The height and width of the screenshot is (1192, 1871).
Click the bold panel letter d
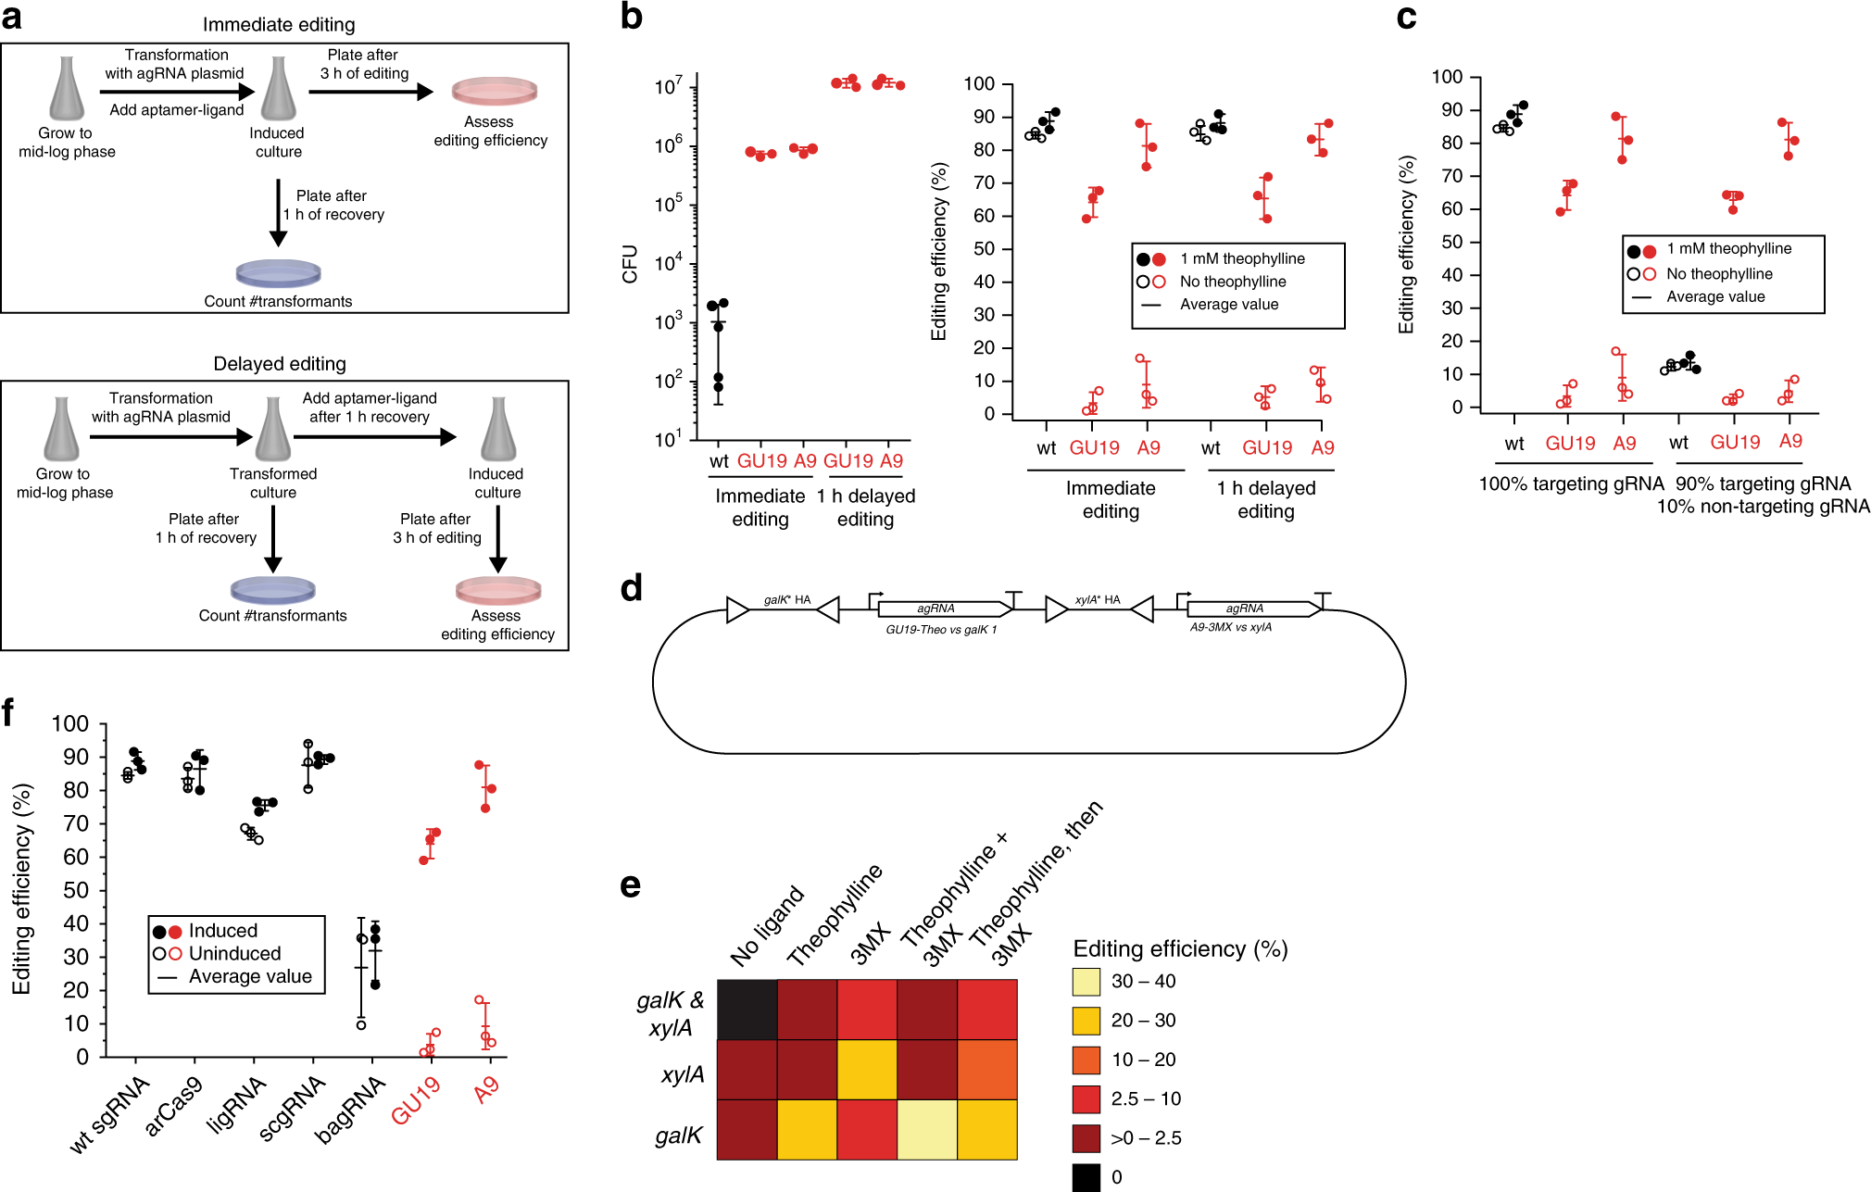pos(631,589)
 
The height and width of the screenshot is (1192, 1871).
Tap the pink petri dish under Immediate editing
pos(495,92)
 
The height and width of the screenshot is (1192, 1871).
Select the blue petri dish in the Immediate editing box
pos(278,273)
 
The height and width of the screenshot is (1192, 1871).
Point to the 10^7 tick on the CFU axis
pos(669,86)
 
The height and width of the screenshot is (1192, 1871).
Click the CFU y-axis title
pos(630,264)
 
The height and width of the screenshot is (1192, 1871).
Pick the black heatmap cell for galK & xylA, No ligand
pos(747,1010)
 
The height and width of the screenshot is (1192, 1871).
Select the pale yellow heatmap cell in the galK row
pos(927,1130)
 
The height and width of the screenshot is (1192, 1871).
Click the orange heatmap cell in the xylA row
pos(987,1070)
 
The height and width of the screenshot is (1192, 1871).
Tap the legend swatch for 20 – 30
pos(1086,1021)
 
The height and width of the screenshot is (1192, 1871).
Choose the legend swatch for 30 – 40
pos(1086,982)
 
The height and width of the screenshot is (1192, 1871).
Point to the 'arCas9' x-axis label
pos(173,1106)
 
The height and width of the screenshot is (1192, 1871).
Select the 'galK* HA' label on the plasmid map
pos(787,600)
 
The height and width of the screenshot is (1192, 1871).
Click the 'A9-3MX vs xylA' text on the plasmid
pos(1231,628)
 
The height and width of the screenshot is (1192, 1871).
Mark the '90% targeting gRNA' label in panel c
pos(1763,483)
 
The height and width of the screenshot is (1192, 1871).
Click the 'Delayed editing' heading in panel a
pos(280,364)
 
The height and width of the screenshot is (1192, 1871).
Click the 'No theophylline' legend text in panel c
pos(1719,274)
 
